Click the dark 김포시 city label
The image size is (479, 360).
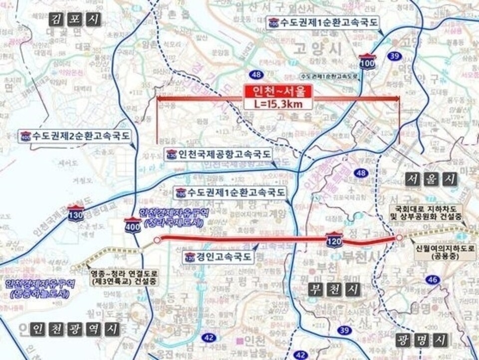(x=75, y=19)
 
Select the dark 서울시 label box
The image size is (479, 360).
(x=431, y=179)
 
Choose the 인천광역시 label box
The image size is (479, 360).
(x=75, y=329)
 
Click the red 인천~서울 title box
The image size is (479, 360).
(x=278, y=91)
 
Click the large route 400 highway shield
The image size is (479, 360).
(x=133, y=226)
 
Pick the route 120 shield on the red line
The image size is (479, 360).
(x=334, y=240)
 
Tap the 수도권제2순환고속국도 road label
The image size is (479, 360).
(x=75, y=135)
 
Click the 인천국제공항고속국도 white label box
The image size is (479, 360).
(x=219, y=153)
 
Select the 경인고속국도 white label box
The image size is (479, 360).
(x=218, y=258)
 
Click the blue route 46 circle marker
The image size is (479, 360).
(x=432, y=280)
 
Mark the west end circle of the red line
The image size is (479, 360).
(x=157, y=240)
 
